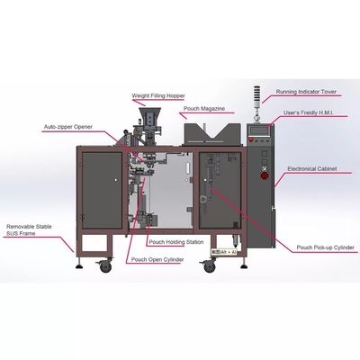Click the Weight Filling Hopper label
(x=158, y=95)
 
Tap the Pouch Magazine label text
(x=204, y=108)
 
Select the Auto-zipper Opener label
(x=68, y=127)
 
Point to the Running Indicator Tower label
(x=306, y=92)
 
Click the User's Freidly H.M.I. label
(x=308, y=112)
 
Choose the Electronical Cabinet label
(x=312, y=168)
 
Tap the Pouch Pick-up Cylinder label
(x=326, y=247)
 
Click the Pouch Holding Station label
(x=176, y=242)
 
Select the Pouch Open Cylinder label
(x=157, y=259)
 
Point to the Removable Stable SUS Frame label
(x=29, y=229)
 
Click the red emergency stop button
(x=265, y=175)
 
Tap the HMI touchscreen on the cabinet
(x=260, y=130)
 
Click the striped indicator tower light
(x=257, y=95)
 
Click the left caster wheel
(x=105, y=266)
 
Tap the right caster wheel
(x=210, y=266)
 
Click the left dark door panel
(x=102, y=190)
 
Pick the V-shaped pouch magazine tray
(x=212, y=134)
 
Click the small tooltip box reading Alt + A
(x=224, y=252)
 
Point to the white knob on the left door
(x=116, y=180)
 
